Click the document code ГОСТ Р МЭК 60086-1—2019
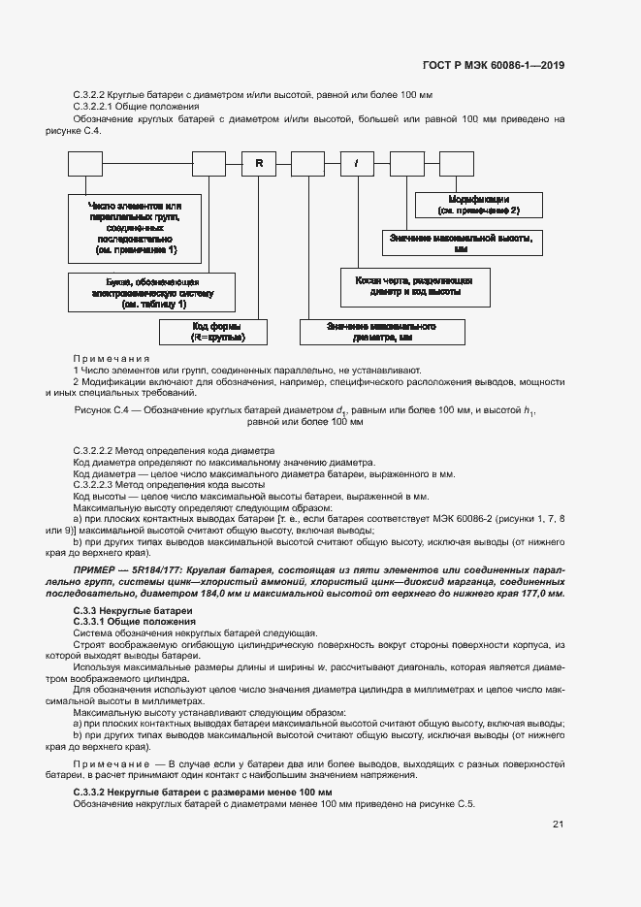(x=494, y=65)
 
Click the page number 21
(x=558, y=825)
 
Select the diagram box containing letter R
(x=259, y=163)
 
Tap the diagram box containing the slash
(x=356, y=163)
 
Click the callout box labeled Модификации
(x=479, y=204)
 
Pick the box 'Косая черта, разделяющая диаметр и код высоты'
(x=414, y=284)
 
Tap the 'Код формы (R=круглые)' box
(x=216, y=332)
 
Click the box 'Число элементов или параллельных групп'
(x=135, y=228)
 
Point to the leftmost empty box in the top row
(x=85, y=163)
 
